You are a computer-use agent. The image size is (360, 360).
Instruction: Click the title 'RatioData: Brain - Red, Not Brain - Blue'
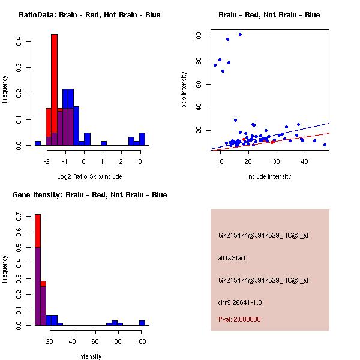pos(89,14)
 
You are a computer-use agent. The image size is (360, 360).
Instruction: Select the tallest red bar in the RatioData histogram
pos(54,90)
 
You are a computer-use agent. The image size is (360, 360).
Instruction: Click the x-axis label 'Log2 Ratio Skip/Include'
pos(89,176)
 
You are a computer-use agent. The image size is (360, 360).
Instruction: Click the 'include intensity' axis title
pos(269,176)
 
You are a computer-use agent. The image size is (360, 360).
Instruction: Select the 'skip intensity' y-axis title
pos(184,90)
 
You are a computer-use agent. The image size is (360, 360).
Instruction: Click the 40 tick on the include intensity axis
pos(305,161)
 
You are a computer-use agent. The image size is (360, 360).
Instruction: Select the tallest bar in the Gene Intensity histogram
pos(37,270)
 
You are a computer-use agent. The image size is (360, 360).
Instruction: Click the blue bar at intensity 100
pos(142,323)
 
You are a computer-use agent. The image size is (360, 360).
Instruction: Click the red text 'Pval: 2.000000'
pos(239,319)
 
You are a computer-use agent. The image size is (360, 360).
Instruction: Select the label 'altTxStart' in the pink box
pos(232,258)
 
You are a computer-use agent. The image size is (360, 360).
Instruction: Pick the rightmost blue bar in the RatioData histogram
pos(142,140)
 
